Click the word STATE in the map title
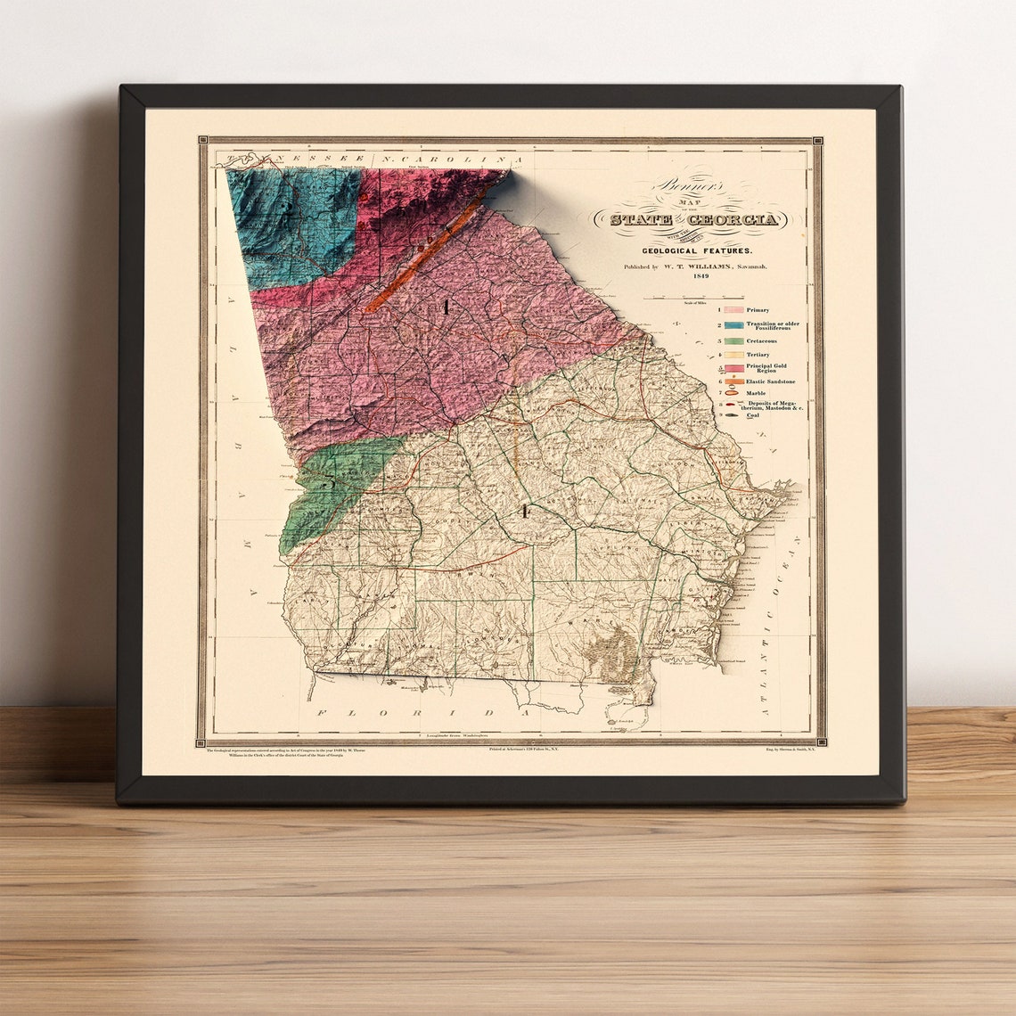pos(641,219)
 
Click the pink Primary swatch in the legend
pos(733,310)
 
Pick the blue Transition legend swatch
pos(733,325)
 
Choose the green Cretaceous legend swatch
pos(733,340)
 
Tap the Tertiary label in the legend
pos(758,355)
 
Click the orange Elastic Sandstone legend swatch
pos(733,381)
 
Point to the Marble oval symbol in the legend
pos(733,393)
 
